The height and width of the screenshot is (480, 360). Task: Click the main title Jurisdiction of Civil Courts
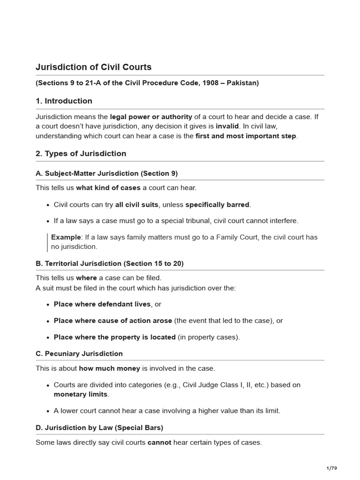93,67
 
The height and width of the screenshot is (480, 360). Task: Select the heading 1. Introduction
64,101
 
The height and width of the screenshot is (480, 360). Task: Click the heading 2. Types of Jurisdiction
81,153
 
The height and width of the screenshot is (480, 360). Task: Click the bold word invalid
227,126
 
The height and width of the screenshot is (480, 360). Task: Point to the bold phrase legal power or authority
151,117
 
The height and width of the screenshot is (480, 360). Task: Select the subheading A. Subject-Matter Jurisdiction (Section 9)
106,173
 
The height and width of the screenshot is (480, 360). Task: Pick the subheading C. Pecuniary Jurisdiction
79,353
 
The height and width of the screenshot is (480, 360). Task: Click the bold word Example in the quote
66,237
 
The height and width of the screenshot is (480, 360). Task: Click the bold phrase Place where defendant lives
102,304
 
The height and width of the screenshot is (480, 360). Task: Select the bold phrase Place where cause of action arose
113,321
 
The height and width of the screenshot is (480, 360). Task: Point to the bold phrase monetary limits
80,394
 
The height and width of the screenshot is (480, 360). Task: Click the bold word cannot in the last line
159,442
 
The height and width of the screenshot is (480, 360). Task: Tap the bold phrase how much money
109,368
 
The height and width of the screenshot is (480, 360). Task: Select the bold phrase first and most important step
246,136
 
